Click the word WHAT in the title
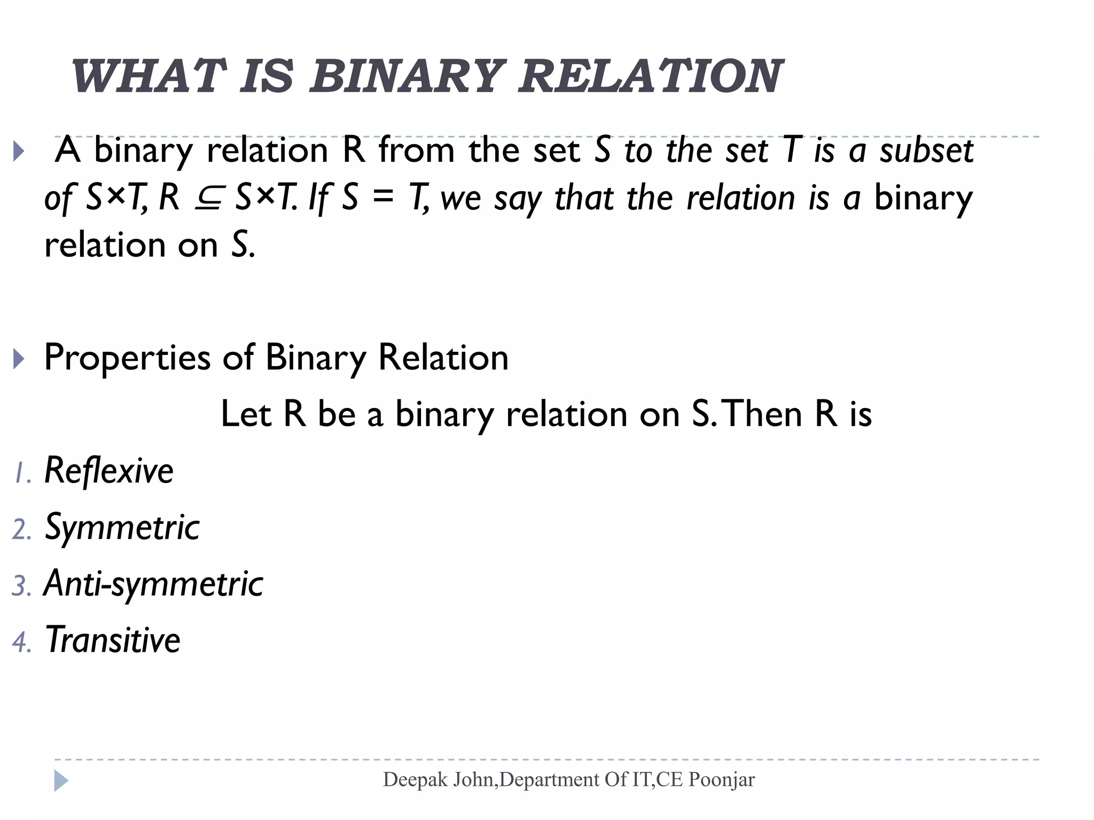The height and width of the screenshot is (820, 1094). click(x=147, y=77)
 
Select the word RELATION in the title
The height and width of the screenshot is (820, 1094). click(x=650, y=77)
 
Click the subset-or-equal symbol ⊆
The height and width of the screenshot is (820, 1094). click(x=207, y=198)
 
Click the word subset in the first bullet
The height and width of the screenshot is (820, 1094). click(x=927, y=151)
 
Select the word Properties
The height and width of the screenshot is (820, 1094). click(x=127, y=358)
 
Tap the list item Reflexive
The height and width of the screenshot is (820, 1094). click(x=109, y=471)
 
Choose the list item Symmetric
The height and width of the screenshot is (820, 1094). click(x=122, y=527)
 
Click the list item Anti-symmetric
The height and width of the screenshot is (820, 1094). click(x=154, y=584)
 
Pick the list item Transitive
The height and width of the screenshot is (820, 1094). click(x=113, y=640)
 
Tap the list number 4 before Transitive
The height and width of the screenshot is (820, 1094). click(x=20, y=642)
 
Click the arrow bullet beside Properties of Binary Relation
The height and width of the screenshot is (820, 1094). click(x=18, y=359)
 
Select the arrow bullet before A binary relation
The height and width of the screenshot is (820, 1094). click(x=18, y=151)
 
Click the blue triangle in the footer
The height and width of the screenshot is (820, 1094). click(x=61, y=780)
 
